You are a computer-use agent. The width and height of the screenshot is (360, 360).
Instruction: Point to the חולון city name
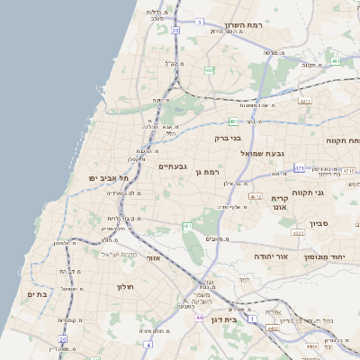pyautogui.click(x=124, y=286)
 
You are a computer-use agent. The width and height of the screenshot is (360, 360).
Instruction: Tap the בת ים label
pyautogui.click(x=36, y=293)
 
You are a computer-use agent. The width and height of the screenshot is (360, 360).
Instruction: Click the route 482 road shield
pyautogui.click(x=209, y=69)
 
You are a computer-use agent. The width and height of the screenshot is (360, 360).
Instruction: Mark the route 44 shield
pyautogui.click(x=198, y=317)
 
